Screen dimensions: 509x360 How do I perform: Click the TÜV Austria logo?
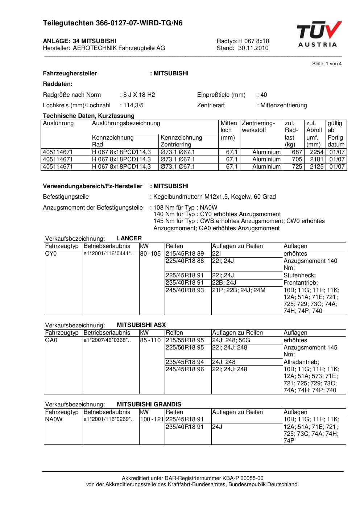tap(319, 34)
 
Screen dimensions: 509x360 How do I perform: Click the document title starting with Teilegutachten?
tap(113, 23)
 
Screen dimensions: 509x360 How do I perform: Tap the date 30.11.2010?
tap(253, 48)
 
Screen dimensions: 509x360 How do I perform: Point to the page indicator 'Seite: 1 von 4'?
tap(327, 64)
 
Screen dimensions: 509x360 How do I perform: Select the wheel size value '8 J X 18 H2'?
tap(139, 95)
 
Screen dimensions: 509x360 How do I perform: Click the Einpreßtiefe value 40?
tap(264, 95)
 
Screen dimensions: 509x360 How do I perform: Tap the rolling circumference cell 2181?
tap(316, 160)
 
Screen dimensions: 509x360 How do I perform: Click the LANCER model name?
tap(129, 239)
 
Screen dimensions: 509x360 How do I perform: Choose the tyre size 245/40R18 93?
tap(185, 290)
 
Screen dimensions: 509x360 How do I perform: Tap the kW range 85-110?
tap(150, 340)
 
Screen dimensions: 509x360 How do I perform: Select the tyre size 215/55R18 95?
tap(185, 340)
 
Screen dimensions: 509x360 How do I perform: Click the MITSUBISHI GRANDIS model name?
tap(149, 405)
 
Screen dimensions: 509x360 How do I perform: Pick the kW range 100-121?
tap(152, 419)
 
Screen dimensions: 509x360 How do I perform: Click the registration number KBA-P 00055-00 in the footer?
tap(245, 478)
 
